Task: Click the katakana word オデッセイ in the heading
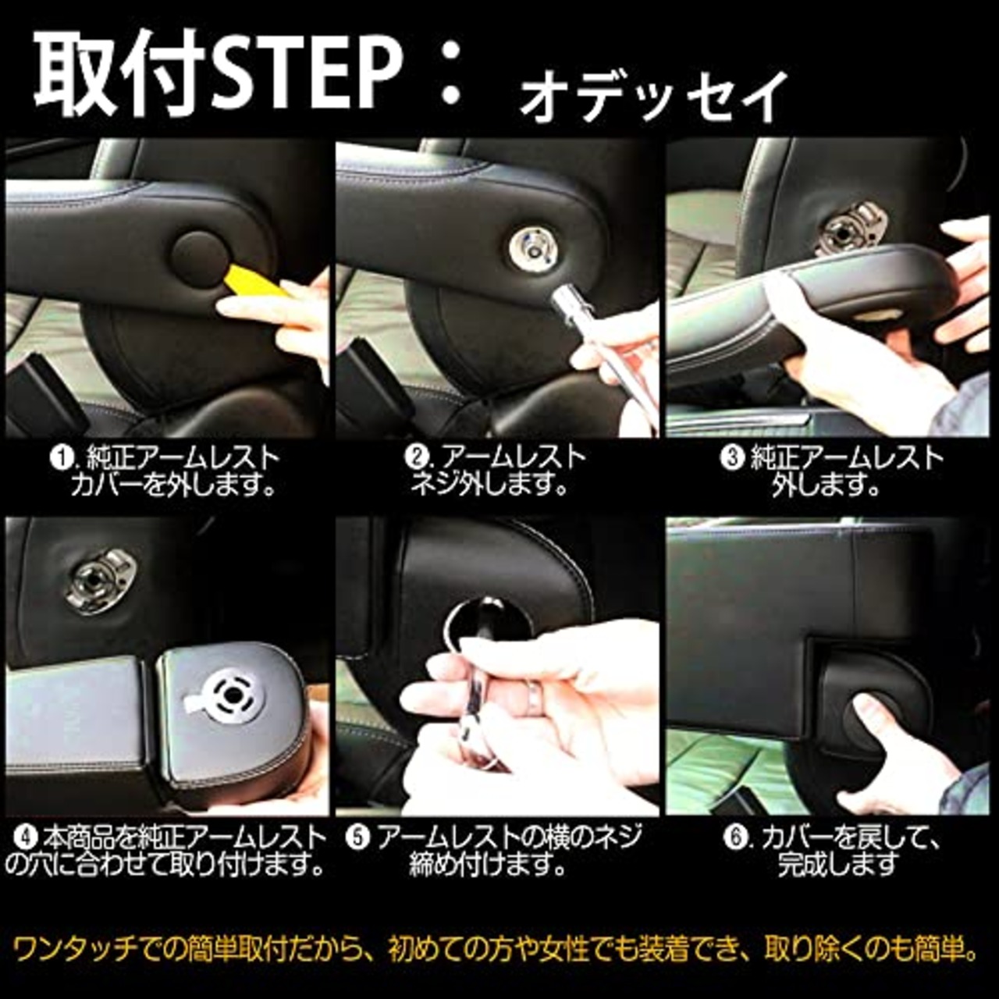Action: click(652, 97)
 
